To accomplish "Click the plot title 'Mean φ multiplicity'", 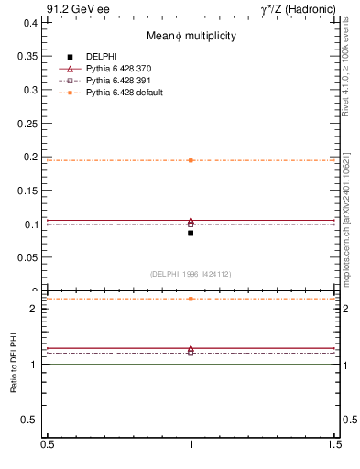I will click(191, 36).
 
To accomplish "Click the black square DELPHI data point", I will click(191, 233).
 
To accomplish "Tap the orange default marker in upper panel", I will click(191, 160).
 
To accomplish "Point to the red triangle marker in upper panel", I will click(191, 221).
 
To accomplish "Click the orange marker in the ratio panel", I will click(191, 299).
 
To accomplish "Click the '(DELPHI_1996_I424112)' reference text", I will click(191, 274).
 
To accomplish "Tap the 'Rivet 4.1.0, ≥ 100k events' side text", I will click(345, 70).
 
